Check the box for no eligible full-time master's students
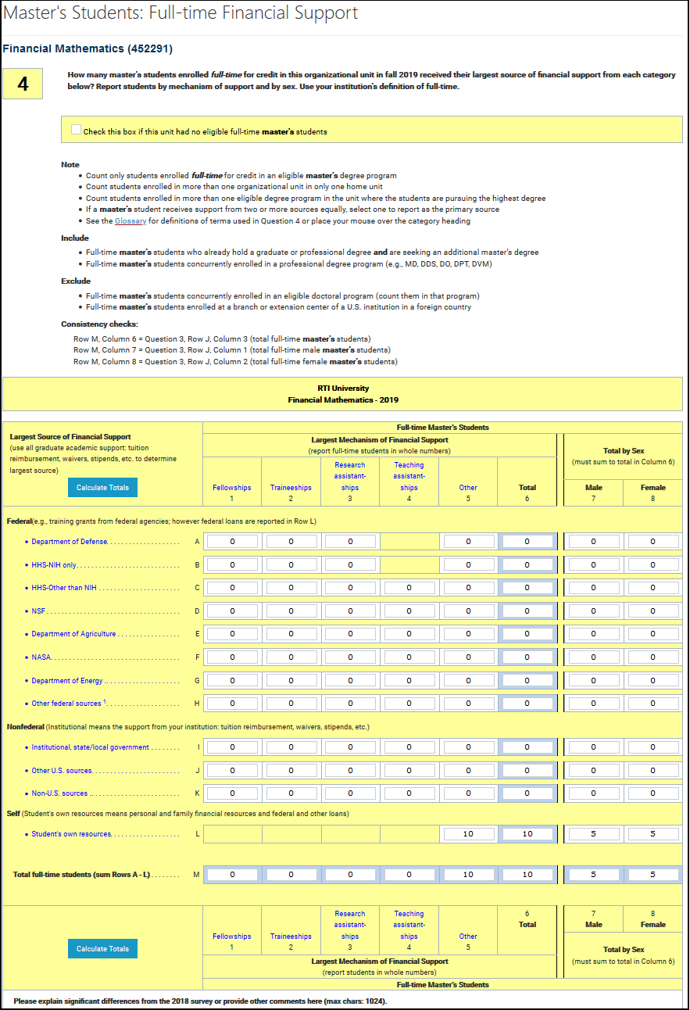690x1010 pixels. coord(76,130)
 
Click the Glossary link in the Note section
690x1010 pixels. coord(130,221)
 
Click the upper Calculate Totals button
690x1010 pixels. coord(102,488)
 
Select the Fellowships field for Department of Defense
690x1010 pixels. coord(232,542)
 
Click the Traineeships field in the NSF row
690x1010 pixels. coord(291,611)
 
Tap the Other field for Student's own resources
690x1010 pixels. coord(468,834)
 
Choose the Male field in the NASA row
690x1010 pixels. coord(593,657)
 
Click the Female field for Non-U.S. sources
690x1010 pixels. coord(652,793)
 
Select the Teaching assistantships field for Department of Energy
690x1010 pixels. coord(409,681)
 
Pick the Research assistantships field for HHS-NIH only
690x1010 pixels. coord(350,565)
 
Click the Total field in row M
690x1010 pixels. coord(527,875)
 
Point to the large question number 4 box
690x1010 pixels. coord(23,84)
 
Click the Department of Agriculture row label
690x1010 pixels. coord(73,634)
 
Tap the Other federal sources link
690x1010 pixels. coord(66,704)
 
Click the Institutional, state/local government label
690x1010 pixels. coord(90,747)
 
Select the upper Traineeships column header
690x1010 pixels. coord(291,488)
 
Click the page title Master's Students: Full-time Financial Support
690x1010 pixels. coord(181,13)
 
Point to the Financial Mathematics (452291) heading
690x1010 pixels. coord(88,48)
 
